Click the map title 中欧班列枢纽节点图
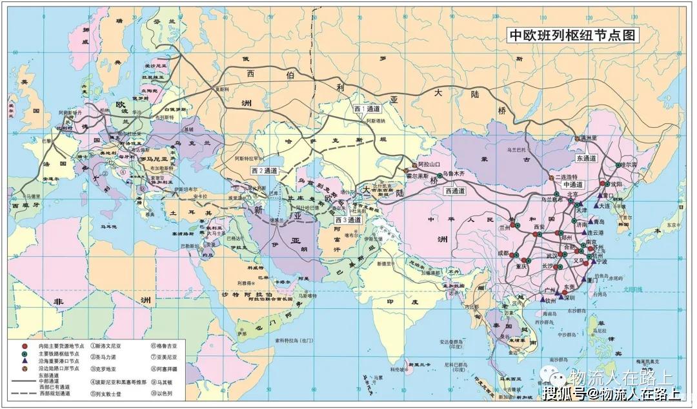click(573, 36)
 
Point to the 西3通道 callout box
click(349, 220)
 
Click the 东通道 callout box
click(588, 157)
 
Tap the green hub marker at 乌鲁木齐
click(439, 175)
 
